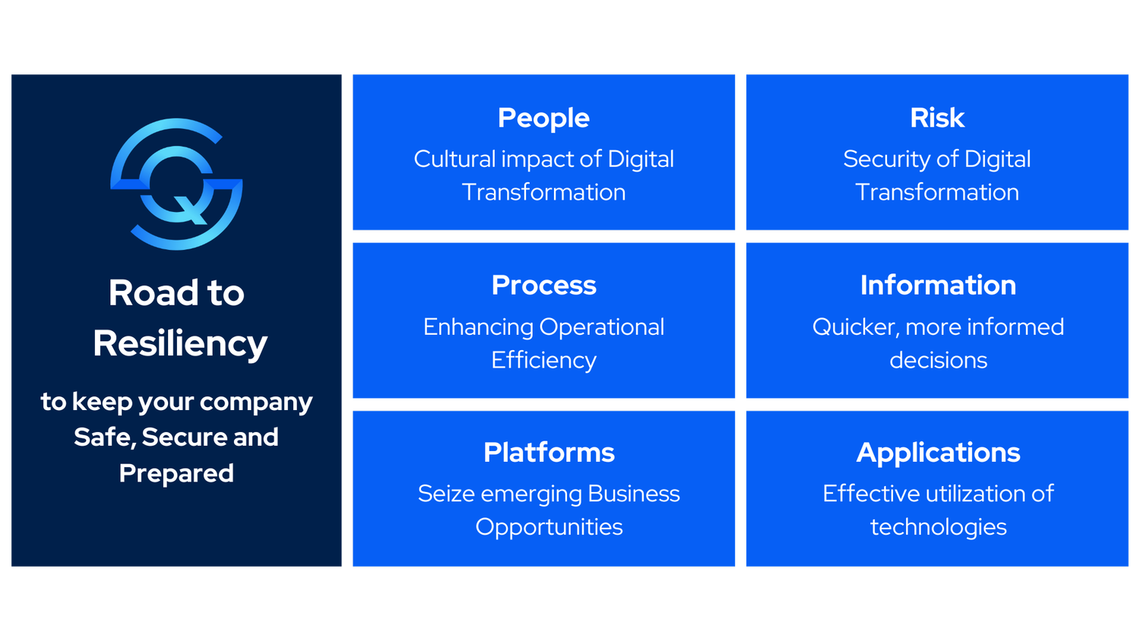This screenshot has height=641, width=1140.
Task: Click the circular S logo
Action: pos(176,184)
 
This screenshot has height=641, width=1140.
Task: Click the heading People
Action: pos(543,118)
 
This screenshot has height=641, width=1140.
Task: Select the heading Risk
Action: pos(937,118)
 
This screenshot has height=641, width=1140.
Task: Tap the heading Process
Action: pos(543,286)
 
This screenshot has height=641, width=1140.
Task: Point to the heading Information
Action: pos(938,286)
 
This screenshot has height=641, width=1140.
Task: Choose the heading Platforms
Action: pos(549,453)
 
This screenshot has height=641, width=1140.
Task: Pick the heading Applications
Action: pos(938,453)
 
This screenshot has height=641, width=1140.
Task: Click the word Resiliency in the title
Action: pos(180,343)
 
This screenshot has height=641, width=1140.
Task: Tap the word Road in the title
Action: pos(154,293)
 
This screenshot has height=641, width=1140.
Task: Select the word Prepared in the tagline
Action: pos(176,473)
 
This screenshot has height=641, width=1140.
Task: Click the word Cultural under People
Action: pos(444,159)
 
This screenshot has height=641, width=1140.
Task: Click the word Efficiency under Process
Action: pos(543,360)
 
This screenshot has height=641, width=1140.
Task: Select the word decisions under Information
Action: pos(938,360)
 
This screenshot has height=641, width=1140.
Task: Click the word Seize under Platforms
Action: pos(446,494)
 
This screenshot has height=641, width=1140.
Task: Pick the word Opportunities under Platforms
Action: pos(549,527)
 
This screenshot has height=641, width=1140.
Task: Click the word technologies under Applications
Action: pos(938,527)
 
